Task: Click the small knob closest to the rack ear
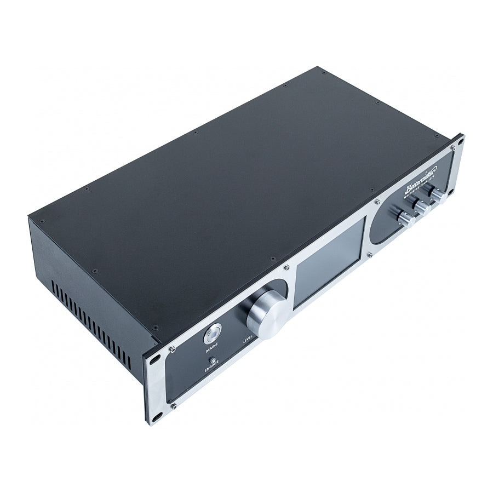pyautogui.click(x=438, y=195)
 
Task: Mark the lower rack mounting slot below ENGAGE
pyautogui.click(x=156, y=414)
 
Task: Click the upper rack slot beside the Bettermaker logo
pyautogui.click(x=459, y=141)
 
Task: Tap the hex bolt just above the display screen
pyautogui.click(x=286, y=267)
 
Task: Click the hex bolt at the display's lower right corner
pyautogui.click(x=370, y=254)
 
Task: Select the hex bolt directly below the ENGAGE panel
pyautogui.click(x=173, y=405)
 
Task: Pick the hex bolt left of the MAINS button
pyautogui.click(x=171, y=348)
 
